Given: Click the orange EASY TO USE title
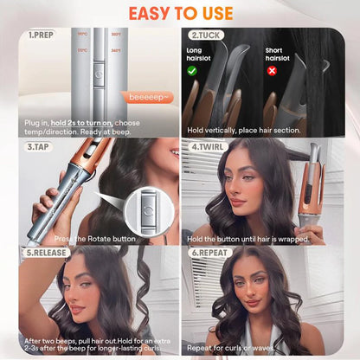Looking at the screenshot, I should pos(180,13).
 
